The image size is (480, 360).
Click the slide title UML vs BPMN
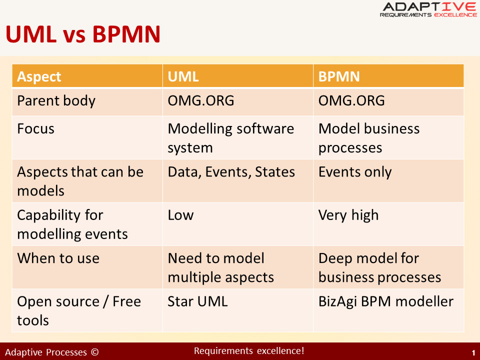click(x=83, y=34)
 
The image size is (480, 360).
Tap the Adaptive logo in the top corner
click(x=428, y=9)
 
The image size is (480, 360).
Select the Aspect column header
click(x=39, y=76)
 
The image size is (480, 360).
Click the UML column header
click(x=183, y=76)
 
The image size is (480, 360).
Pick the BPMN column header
click(x=339, y=76)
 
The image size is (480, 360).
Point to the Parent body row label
click(x=56, y=101)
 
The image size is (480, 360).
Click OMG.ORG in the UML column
click(x=201, y=100)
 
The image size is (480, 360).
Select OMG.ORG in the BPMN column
click(x=351, y=100)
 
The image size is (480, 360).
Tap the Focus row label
click(x=36, y=128)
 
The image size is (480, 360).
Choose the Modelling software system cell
click(x=231, y=138)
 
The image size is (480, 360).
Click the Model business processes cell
click(x=369, y=138)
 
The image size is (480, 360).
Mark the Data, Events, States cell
click(x=231, y=172)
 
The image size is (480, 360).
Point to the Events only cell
click(x=355, y=172)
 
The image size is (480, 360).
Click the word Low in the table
click(x=180, y=215)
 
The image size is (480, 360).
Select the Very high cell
click(x=348, y=215)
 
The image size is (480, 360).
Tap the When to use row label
click(x=58, y=258)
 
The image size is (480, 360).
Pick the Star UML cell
click(x=197, y=301)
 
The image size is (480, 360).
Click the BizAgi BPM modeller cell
click(x=385, y=302)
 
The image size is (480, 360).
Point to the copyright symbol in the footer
click(x=95, y=352)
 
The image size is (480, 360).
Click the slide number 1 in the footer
click(x=473, y=353)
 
